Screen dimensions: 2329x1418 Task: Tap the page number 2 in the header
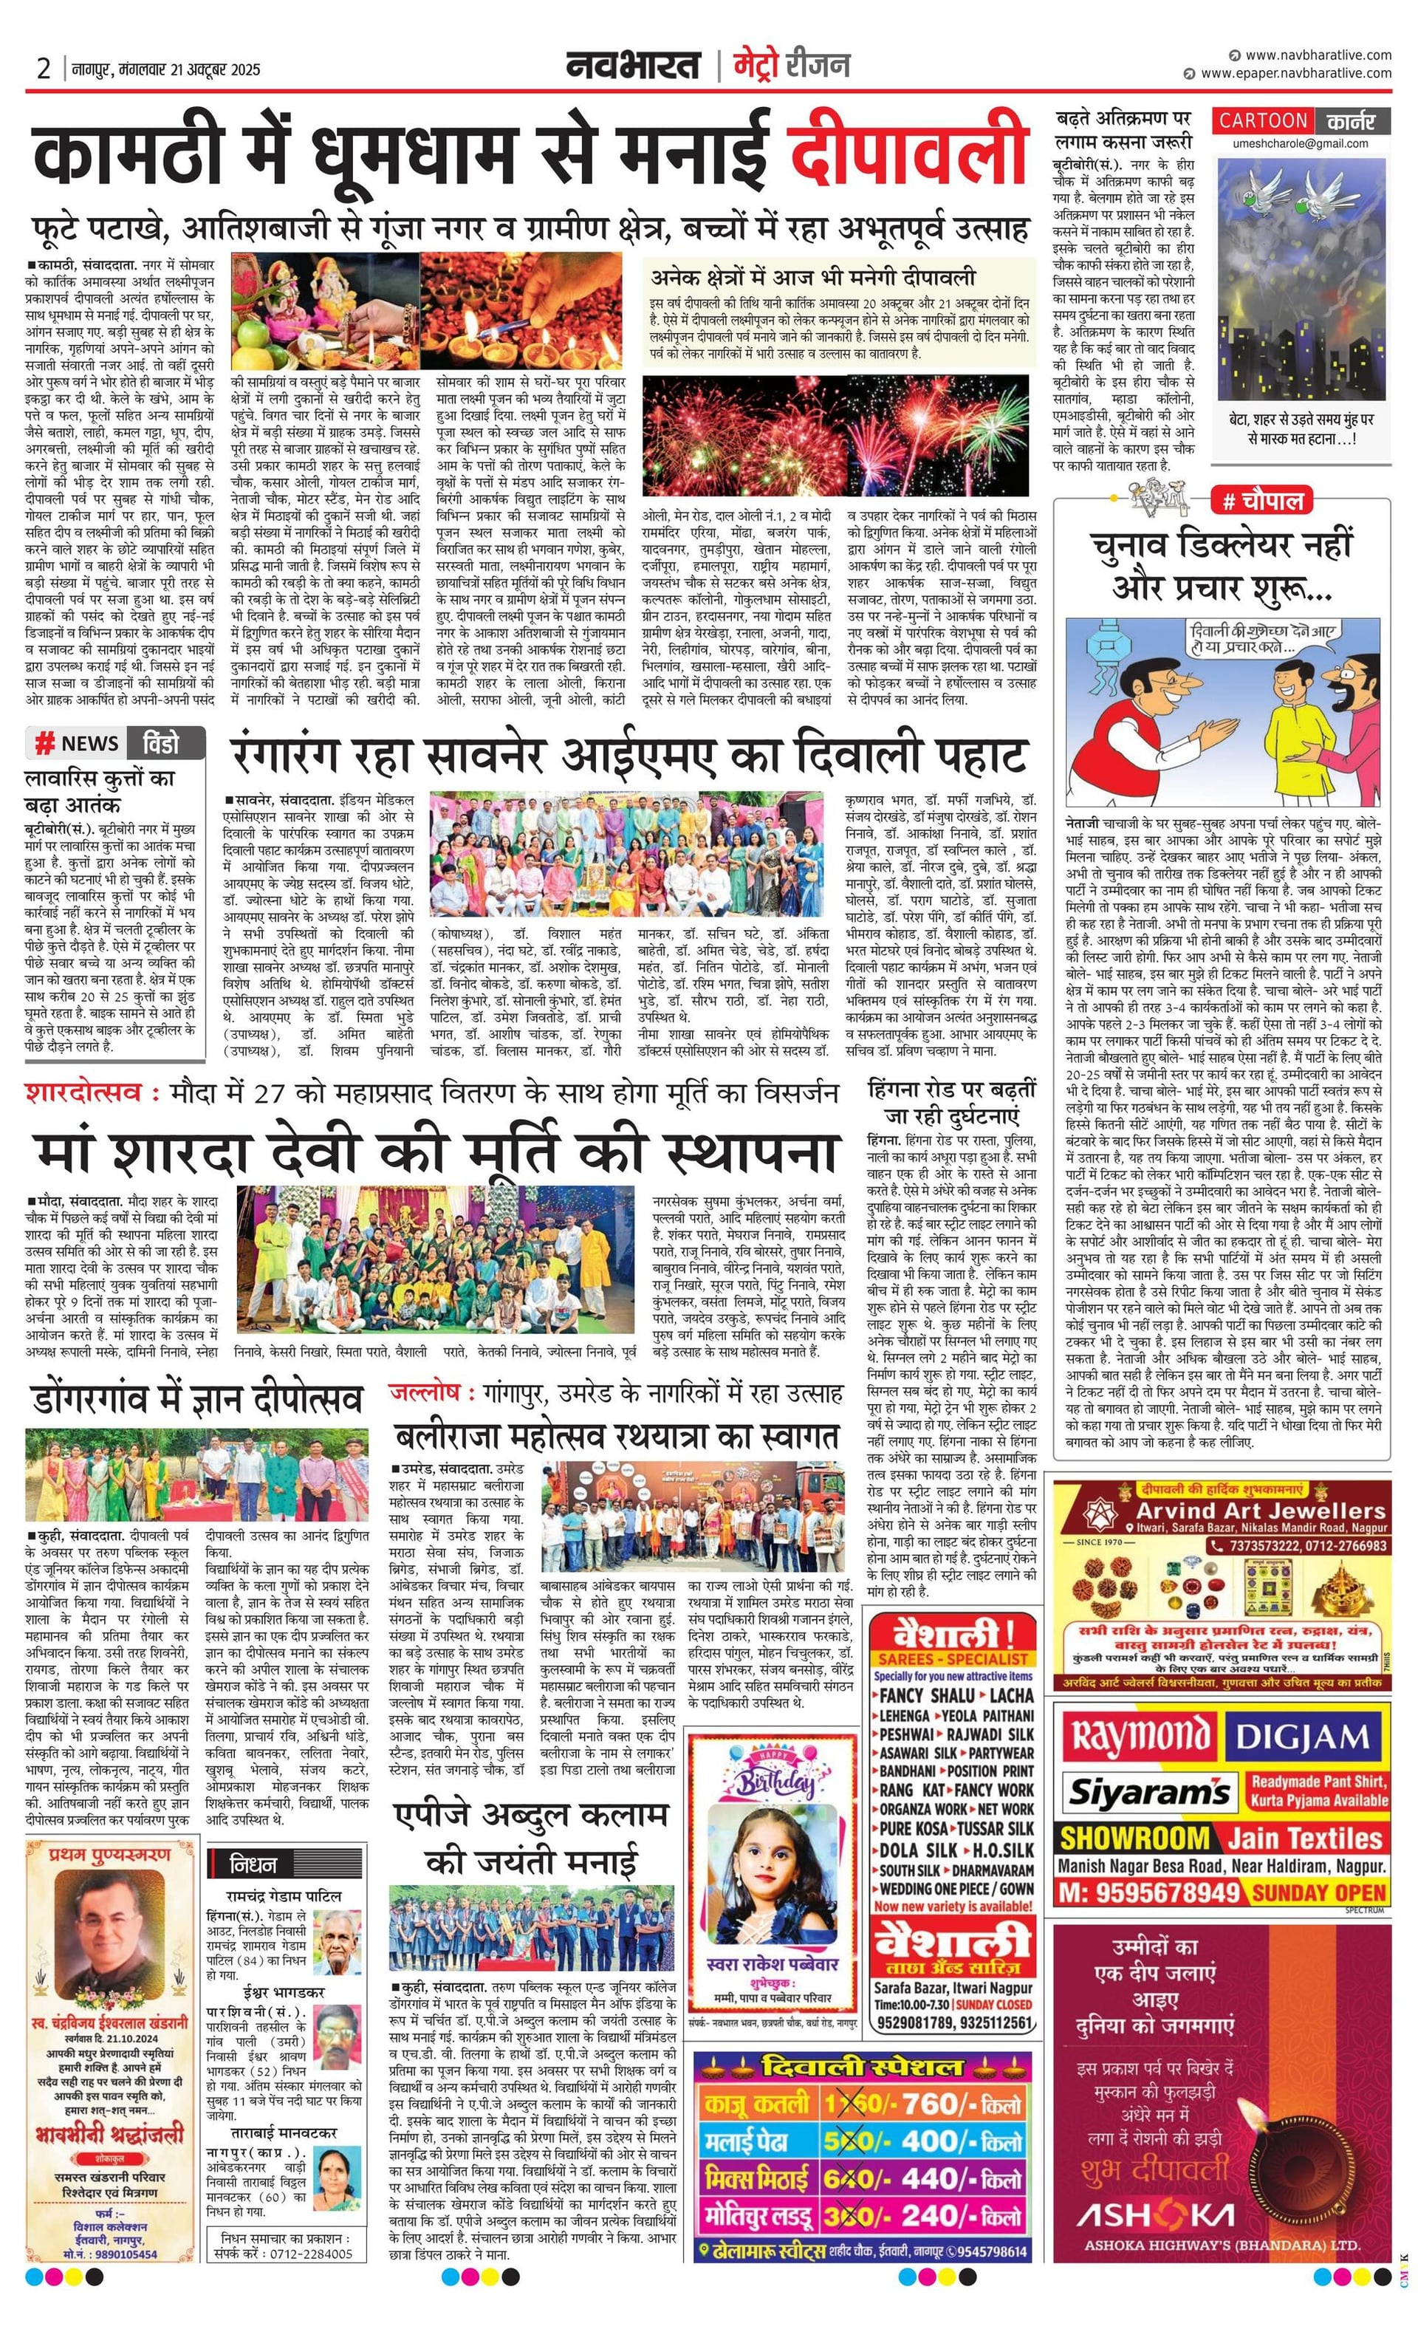[x=44, y=68]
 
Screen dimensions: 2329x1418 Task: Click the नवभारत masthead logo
[x=634, y=66]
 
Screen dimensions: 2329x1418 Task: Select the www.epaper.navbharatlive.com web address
[x=1295, y=73]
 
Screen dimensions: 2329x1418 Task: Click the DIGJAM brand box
[x=1303, y=1737]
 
